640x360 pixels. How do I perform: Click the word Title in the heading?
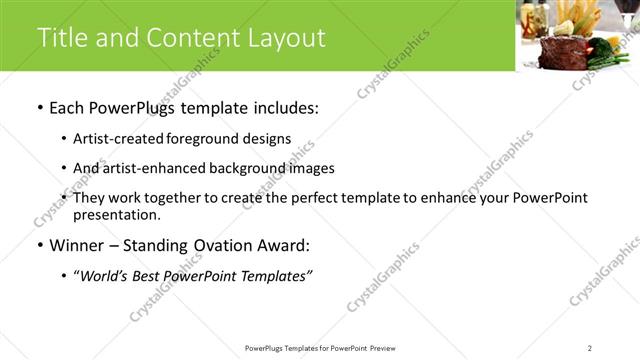click(61, 38)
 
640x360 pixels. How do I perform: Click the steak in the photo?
click(561, 51)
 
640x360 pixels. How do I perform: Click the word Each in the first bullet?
click(69, 107)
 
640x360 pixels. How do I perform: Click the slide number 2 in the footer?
click(589, 347)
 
